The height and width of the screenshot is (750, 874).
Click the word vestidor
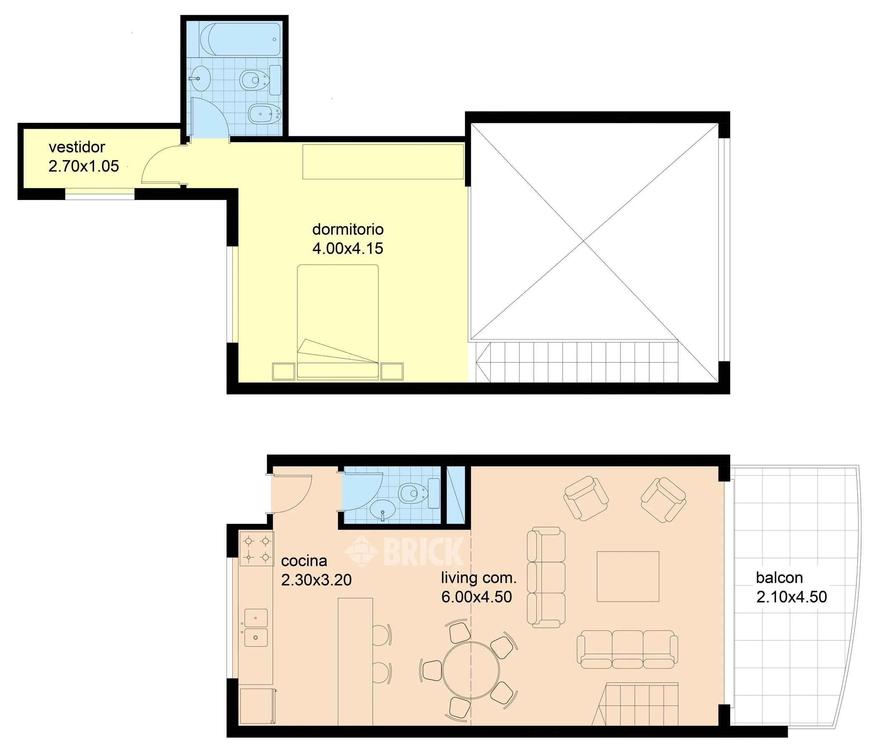pos(77,147)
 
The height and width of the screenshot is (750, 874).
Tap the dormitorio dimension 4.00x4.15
pos(348,248)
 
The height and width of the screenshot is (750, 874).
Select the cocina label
pos(304,561)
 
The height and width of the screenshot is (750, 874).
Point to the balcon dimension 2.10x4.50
pos(791,597)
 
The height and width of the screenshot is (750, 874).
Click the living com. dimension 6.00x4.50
pos(477,597)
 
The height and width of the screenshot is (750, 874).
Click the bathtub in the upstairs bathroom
pos(240,39)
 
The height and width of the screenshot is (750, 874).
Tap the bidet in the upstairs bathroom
pos(264,113)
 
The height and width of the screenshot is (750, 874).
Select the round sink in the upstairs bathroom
pos(200,78)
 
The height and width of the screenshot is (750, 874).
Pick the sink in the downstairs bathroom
pos(383,510)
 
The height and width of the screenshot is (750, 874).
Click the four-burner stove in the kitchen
pos(256,548)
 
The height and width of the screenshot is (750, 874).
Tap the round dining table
pos(471,670)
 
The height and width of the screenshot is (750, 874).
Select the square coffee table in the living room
pos(628,576)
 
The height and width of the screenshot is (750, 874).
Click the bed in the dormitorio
pos(338,322)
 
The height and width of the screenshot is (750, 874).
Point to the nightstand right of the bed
pos(392,371)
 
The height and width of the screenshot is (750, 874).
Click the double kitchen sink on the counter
pos(256,628)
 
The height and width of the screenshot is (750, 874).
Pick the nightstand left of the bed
pos(284,371)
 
